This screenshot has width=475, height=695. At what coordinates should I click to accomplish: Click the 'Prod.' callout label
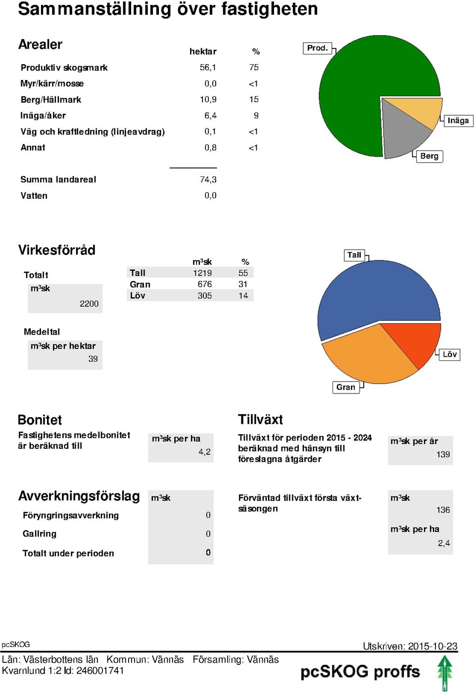(317, 48)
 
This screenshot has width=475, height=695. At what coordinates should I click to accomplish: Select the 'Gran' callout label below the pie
(346, 387)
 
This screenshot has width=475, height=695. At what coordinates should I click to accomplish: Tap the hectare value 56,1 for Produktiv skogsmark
(208, 67)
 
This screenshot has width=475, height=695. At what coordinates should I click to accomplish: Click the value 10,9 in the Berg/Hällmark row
(208, 99)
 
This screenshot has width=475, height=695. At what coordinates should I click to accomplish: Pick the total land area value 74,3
(208, 179)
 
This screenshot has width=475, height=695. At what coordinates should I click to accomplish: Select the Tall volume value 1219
(202, 273)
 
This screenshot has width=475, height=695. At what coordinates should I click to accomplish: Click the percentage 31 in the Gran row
(243, 284)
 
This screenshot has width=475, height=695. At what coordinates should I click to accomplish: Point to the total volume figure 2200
(89, 304)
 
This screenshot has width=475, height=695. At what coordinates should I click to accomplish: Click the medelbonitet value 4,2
(204, 452)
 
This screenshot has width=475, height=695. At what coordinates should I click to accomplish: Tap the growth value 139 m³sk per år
(443, 454)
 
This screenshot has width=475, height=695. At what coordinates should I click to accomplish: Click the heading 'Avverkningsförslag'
(79, 496)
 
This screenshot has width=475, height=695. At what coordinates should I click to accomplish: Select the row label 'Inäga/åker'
(43, 115)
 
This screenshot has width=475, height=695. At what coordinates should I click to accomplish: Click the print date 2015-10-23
(433, 646)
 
